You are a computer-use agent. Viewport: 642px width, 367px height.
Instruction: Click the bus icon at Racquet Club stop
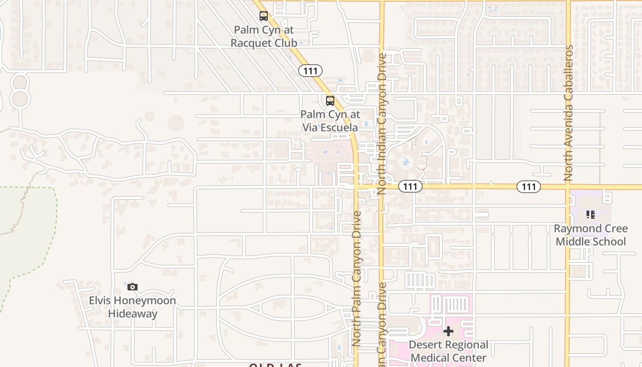pyautogui.click(x=263, y=16)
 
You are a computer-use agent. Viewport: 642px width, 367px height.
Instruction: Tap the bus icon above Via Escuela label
pyautogui.click(x=330, y=101)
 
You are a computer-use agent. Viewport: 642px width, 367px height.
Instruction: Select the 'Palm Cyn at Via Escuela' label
pyautogui.click(x=330, y=121)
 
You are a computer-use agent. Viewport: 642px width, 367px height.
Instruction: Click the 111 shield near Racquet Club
pyautogui.click(x=310, y=71)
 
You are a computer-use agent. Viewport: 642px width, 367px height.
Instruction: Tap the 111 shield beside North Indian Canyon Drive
pyautogui.click(x=410, y=186)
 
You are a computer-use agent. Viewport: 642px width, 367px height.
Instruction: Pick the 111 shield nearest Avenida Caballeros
pyautogui.click(x=528, y=187)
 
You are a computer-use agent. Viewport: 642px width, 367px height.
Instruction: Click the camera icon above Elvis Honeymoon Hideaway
pyautogui.click(x=133, y=287)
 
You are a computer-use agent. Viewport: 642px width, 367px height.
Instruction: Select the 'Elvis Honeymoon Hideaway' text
pyautogui.click(x=133, y=307)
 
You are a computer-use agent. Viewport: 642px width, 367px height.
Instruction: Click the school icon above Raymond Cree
pyautogui.click(x=591, y=214)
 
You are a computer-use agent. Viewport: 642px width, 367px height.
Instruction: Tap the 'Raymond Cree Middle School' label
pyautogui.click(x=591, y=235)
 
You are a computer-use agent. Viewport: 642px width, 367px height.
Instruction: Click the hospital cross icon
pyautogui.click(x=448, y=331)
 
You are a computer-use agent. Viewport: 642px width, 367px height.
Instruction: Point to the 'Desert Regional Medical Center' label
pyautogui.click(x=448, y=351)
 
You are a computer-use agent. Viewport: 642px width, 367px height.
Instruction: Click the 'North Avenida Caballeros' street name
pyautogui.click(x=569, y=112)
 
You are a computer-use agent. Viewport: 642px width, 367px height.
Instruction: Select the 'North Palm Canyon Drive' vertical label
pyautogui.click(x=357, y=278)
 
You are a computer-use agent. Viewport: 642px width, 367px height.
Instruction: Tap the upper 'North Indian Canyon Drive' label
pyautogui.click(x=382, y=124)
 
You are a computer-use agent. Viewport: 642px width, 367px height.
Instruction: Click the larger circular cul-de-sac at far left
pyautogui.click(x=20, y=99)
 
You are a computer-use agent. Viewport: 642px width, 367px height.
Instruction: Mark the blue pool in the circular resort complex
pyautogui.click(x=406, y=162)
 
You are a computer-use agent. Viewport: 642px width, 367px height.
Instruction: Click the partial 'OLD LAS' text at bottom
pyautogui.click(x=275, y=365)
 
